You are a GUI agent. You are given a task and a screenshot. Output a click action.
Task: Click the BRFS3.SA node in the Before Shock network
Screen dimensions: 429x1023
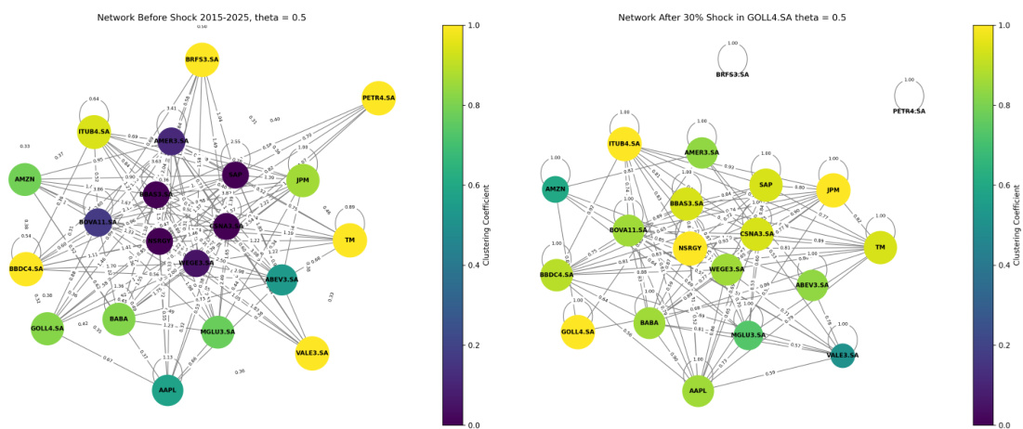202,59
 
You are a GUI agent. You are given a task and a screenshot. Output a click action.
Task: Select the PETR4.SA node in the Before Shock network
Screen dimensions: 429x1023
378,97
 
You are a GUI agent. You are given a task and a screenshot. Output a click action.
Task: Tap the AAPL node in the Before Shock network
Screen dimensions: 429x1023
167,390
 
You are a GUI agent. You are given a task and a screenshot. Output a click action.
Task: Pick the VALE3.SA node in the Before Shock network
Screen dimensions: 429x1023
312,353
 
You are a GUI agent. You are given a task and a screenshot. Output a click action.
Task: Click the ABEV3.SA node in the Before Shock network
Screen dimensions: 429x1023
282,279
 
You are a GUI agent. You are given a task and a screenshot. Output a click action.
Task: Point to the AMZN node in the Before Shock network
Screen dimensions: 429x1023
24,179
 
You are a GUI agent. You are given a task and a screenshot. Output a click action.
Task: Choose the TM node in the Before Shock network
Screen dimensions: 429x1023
349,240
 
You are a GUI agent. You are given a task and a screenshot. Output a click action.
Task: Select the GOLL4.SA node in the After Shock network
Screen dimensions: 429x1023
577,331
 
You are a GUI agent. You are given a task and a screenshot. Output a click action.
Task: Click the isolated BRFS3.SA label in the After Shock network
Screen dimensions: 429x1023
732,74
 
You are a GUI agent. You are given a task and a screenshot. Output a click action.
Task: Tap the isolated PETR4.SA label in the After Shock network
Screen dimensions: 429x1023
909,111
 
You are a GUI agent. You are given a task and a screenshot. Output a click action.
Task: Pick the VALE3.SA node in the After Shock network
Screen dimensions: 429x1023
843,355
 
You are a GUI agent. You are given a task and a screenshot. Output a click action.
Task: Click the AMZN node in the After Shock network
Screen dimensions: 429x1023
556,188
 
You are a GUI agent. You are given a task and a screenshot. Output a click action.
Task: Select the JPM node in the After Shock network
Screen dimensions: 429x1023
833,190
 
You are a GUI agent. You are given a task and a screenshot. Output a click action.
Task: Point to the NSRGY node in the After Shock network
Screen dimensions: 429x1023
690,249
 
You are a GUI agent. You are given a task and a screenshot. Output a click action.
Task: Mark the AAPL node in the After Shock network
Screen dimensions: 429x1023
698,391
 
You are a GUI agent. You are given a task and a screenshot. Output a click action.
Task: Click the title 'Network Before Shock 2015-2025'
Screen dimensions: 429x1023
202,18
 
